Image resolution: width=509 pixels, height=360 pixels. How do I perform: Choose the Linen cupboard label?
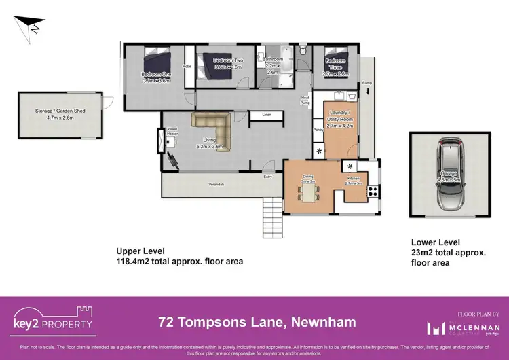(267, 115)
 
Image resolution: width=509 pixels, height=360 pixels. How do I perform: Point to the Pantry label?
(316, 128)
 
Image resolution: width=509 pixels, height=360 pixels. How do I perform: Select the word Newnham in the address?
(324, 320)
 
